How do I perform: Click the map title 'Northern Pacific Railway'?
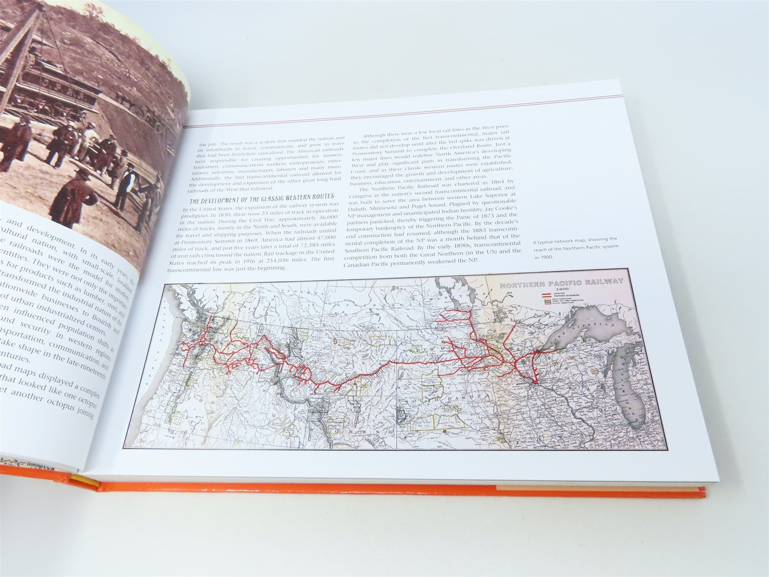click(561, 285)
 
